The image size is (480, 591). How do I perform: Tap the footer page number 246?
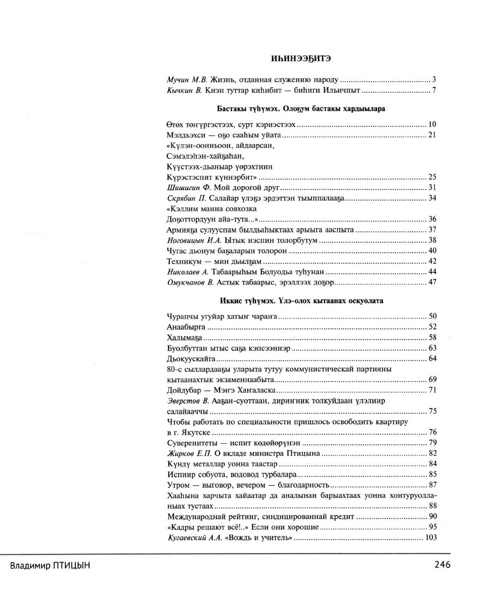pos(442,565)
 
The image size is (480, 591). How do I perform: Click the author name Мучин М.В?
pos(187,80)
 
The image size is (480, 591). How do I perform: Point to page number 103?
pos(431,537)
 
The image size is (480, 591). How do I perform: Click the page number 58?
pos(432,337)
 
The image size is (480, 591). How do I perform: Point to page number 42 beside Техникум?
pos(432,261)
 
